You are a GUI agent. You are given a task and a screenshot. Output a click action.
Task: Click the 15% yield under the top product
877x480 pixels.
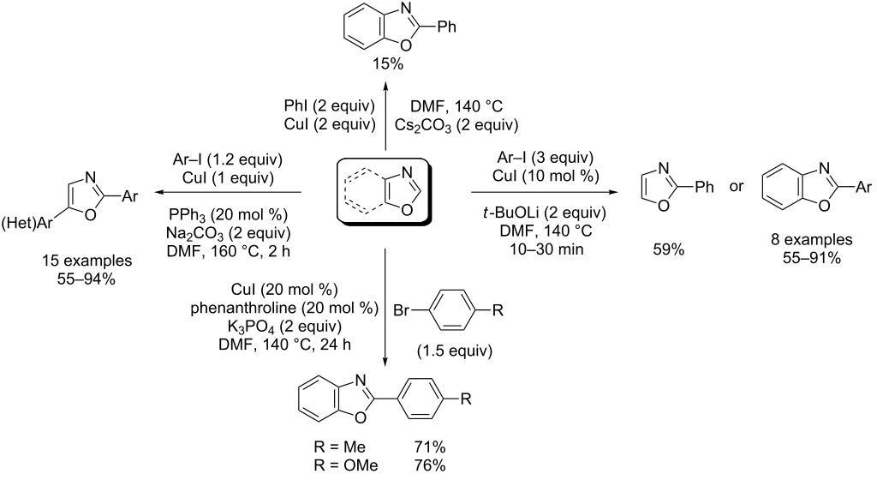pos(388,64)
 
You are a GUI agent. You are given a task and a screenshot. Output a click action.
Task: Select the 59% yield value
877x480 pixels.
pos(668,249)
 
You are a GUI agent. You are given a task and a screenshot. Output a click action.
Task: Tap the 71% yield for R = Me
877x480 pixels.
pos(430,447)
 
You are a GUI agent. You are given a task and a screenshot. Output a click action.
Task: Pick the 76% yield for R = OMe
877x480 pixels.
pos(430,465)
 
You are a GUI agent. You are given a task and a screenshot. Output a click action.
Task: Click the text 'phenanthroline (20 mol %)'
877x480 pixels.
pos(284,308)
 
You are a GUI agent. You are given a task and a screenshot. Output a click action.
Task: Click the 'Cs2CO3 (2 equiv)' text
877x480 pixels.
pos(456,125)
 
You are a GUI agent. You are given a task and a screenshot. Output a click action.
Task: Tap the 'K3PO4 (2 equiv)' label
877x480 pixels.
pos(284,326)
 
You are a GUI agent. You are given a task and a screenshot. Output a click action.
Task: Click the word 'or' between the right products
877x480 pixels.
pos(736,186)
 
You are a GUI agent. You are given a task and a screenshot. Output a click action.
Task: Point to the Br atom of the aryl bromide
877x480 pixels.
pos(402,310)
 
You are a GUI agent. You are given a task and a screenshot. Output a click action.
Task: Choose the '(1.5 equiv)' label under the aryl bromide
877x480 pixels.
pos(455,351)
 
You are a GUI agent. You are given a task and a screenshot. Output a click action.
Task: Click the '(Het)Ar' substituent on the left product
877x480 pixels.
pos(27,224)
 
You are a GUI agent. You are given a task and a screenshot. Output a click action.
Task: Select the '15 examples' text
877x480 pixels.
pos(87,261)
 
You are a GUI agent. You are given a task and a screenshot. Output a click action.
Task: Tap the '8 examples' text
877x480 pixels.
pos(812,239)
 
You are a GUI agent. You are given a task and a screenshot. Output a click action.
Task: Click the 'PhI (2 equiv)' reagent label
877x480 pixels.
pos(330,105)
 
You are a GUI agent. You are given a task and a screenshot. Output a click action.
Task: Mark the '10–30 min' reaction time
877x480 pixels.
pos(546,249)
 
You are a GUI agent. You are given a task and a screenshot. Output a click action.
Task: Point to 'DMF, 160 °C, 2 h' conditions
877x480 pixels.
pos(228,251)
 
